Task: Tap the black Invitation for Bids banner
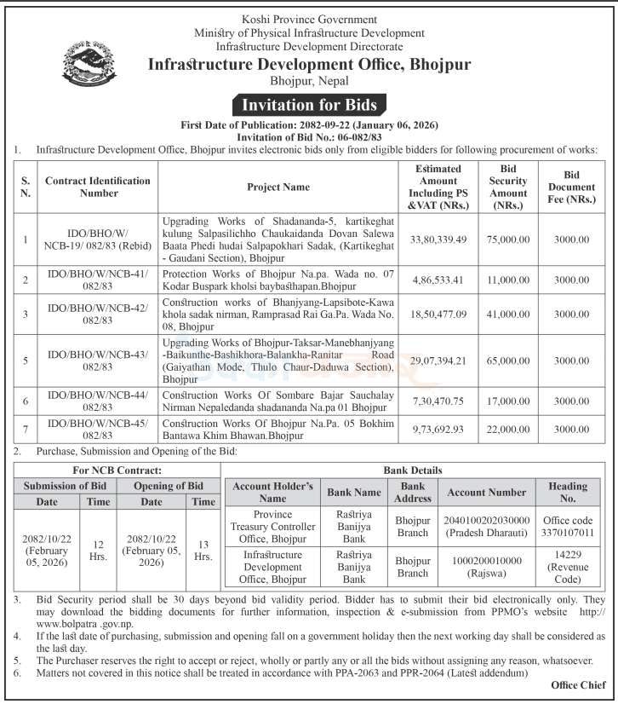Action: [x=309, y=106]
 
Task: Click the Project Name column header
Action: [x=278, y=186]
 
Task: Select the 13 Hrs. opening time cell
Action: [x=203, y=550]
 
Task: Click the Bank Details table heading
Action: [x=418, y=470]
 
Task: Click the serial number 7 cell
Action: [x=26, y=429]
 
